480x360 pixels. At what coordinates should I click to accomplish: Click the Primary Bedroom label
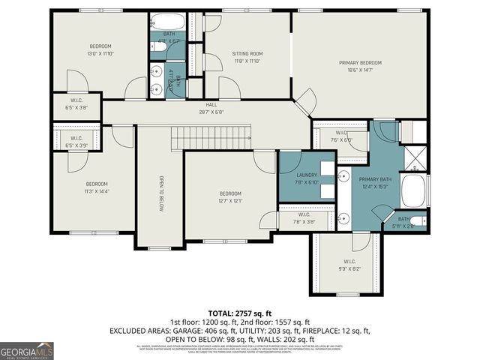(x=361, y=63)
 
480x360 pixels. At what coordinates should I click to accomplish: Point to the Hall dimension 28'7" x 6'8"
(x=211, y=112)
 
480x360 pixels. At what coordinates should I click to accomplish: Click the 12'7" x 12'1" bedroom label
(x=230, y=196)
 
